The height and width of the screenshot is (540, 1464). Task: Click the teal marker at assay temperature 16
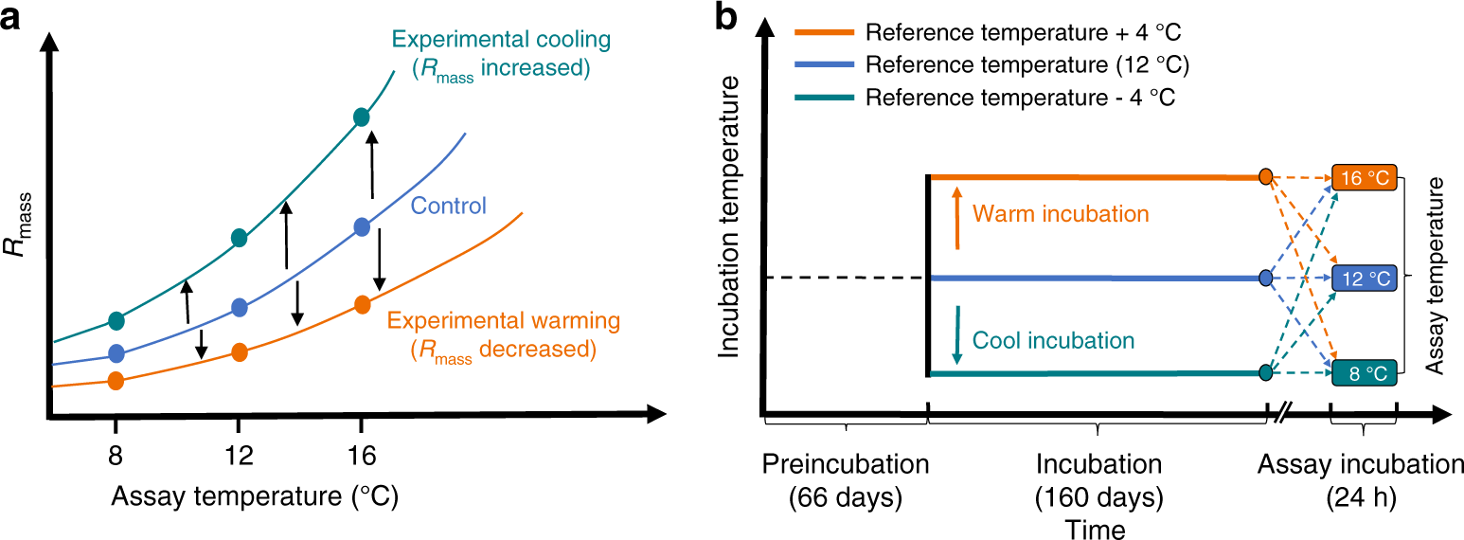tap(361, 117)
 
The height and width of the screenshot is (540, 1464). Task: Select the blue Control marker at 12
tap(240, 307)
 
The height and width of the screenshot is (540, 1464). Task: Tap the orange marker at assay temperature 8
tap(116, 380)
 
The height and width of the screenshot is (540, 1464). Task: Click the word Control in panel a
tap(449, 206)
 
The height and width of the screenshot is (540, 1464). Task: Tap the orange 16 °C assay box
tap(1365, 177)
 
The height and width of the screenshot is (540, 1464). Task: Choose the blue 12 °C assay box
tap(1365, 278)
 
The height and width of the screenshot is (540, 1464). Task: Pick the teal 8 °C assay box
tap(1365, 373)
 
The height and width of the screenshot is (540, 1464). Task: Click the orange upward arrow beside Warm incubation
tap(957, 218)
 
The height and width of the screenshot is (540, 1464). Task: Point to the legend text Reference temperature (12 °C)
tap(1028, 64)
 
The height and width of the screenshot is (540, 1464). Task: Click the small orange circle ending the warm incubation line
tap(1265, 177)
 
